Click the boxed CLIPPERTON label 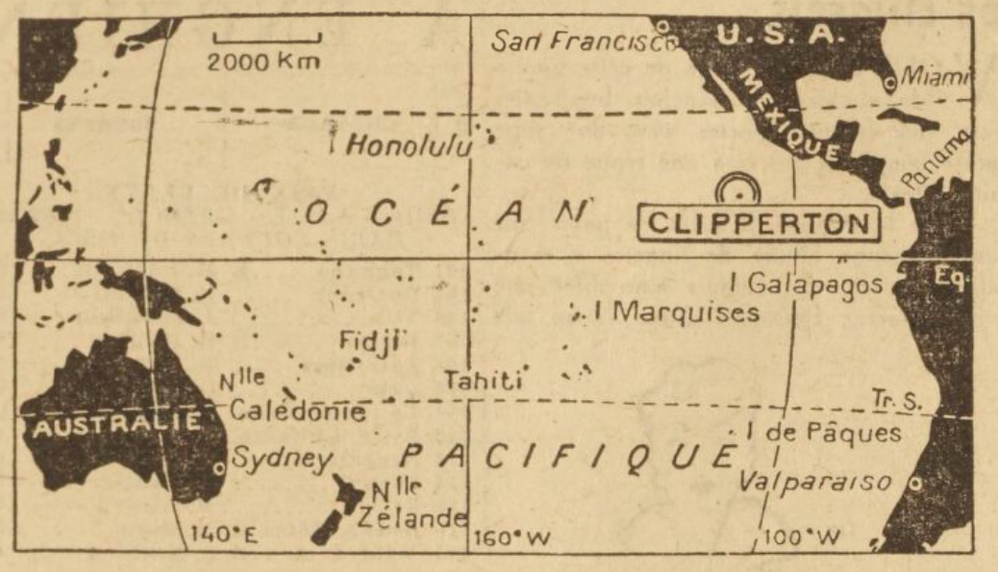760,223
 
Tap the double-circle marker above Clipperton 739,189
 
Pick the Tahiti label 482,381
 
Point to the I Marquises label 677,313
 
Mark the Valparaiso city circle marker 916,481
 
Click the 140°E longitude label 220,535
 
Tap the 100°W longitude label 801,535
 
